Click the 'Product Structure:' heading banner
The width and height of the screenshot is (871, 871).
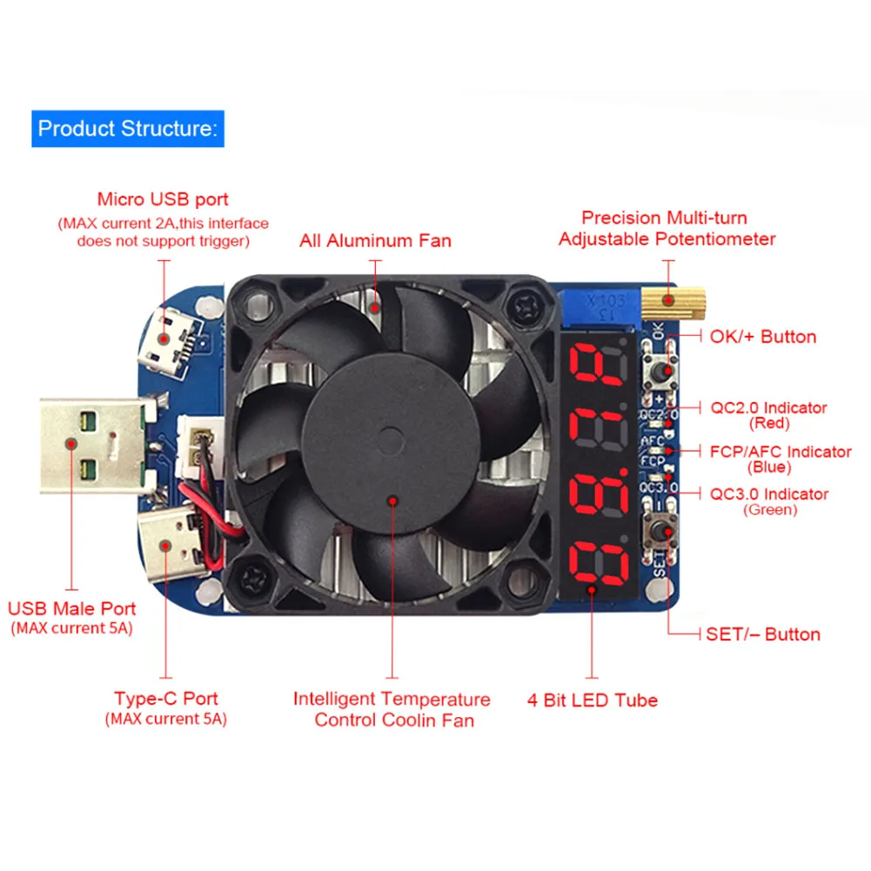[127, 129]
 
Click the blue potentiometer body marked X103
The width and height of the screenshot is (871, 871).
[601, 305]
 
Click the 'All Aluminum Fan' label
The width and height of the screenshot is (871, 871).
[375, 240]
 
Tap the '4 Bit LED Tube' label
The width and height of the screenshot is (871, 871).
[593, 700]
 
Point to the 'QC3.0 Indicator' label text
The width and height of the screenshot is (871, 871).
[769, 494]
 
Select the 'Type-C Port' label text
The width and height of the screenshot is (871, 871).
[165, 699]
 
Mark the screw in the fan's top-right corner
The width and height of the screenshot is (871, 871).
[527, 306]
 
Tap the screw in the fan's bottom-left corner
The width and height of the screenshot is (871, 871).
[258, 576]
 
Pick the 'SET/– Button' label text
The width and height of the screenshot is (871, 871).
[763, 634]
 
